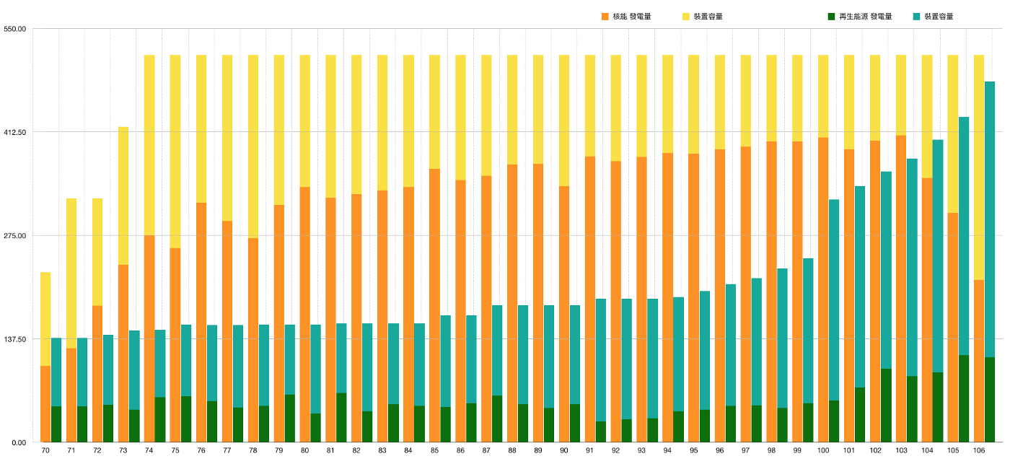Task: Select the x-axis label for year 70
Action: pyautogui.click(x=45, y=451)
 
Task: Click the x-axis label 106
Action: pyautogui.click(x=979, y=451)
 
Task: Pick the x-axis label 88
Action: pyautogui.click(x=512, y=451)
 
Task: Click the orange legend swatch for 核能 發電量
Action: pyautogui.click(x=605, y=16)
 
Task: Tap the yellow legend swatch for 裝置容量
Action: pyautogui.click(x=686, y=16)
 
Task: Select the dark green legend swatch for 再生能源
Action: pyautogui.click(x=831, y=16)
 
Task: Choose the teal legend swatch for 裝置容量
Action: pyautogui.click(x=916, y=16)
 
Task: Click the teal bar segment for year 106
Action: pyautogui.click(x=990, y=216)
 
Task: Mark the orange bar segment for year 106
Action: pyautogui.click(x=979, y=361)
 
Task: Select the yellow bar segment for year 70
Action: pyautogui.click(x=45, y=318)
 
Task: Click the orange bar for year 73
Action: pyautogui.click(x=123, y=354)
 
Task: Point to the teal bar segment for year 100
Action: pyautogui.click(x=834, y=299)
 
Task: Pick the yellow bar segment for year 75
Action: pyautogui.click(x=175, y=152)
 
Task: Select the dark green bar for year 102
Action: pyautogui.click(x=886, y=405)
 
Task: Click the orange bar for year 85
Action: pyautogui.click(x=434, y=303)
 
